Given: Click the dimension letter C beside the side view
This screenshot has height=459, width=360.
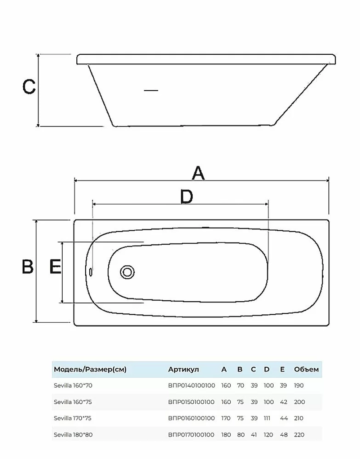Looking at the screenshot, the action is point(29,86).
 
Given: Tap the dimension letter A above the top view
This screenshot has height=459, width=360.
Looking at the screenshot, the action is point(198,173).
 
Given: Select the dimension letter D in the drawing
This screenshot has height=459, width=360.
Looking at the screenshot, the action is point(186,197).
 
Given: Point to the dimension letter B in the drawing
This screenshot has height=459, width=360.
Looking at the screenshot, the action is point(28,267).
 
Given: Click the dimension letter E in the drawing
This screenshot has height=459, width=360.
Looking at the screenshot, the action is point(55,267).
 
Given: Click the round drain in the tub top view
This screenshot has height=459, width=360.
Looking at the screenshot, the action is point(127,272).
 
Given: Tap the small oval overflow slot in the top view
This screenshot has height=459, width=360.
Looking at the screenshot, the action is point(91,272).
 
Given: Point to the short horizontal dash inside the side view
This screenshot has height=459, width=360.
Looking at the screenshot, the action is point(151,90).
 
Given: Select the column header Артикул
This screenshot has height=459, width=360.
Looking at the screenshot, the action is point(184,369).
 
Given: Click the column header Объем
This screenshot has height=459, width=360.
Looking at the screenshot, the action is point(306,369).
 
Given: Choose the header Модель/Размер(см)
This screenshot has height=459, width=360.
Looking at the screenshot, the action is point(90,369).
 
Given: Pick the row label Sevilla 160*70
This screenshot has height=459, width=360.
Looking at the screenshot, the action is point(73,386).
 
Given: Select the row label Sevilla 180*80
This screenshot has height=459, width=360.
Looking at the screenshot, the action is point(73,435).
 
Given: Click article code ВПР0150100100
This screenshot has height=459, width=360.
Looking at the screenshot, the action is point(191,402).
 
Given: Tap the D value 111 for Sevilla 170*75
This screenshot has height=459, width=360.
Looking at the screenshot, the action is point(267,418).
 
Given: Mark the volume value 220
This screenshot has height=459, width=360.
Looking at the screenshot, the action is point(299,435).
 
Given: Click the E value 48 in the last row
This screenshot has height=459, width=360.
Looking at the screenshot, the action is point(284,435).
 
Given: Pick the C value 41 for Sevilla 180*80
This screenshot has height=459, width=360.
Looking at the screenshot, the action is point(254,435).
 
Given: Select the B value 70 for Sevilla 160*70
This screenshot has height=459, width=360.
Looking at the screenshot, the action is point(240,386).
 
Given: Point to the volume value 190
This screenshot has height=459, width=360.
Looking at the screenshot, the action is point(299,386).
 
